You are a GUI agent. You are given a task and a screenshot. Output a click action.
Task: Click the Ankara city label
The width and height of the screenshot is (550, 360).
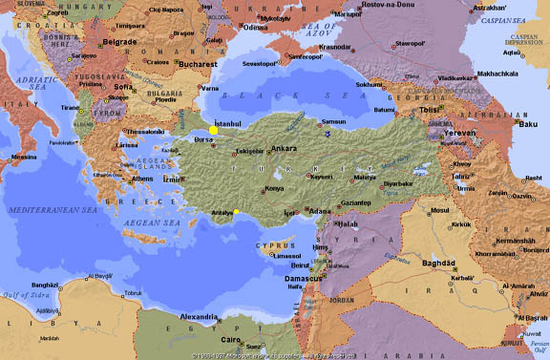284,149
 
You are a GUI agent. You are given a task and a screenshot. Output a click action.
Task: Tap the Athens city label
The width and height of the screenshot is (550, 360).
141,179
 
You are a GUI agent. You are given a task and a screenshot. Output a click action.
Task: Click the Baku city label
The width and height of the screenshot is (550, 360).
528,123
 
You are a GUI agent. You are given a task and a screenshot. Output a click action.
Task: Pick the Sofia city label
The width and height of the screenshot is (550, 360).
123,86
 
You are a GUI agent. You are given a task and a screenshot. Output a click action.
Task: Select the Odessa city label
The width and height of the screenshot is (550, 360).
256,27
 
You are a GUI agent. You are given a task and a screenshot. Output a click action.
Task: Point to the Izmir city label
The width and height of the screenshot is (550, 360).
172,179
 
